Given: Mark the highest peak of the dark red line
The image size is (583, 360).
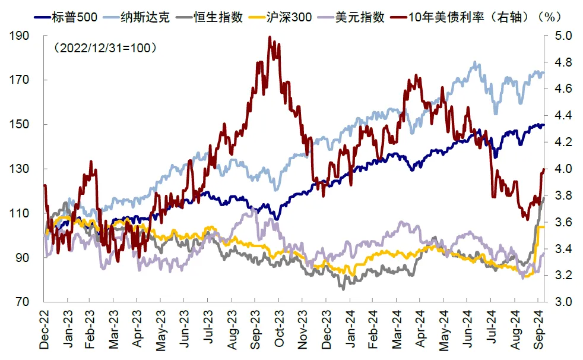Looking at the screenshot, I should point(270,37).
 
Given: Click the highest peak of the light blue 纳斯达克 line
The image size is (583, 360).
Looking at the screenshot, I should point(475,62).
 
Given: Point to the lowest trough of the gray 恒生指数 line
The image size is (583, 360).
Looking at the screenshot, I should point(343,289).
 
